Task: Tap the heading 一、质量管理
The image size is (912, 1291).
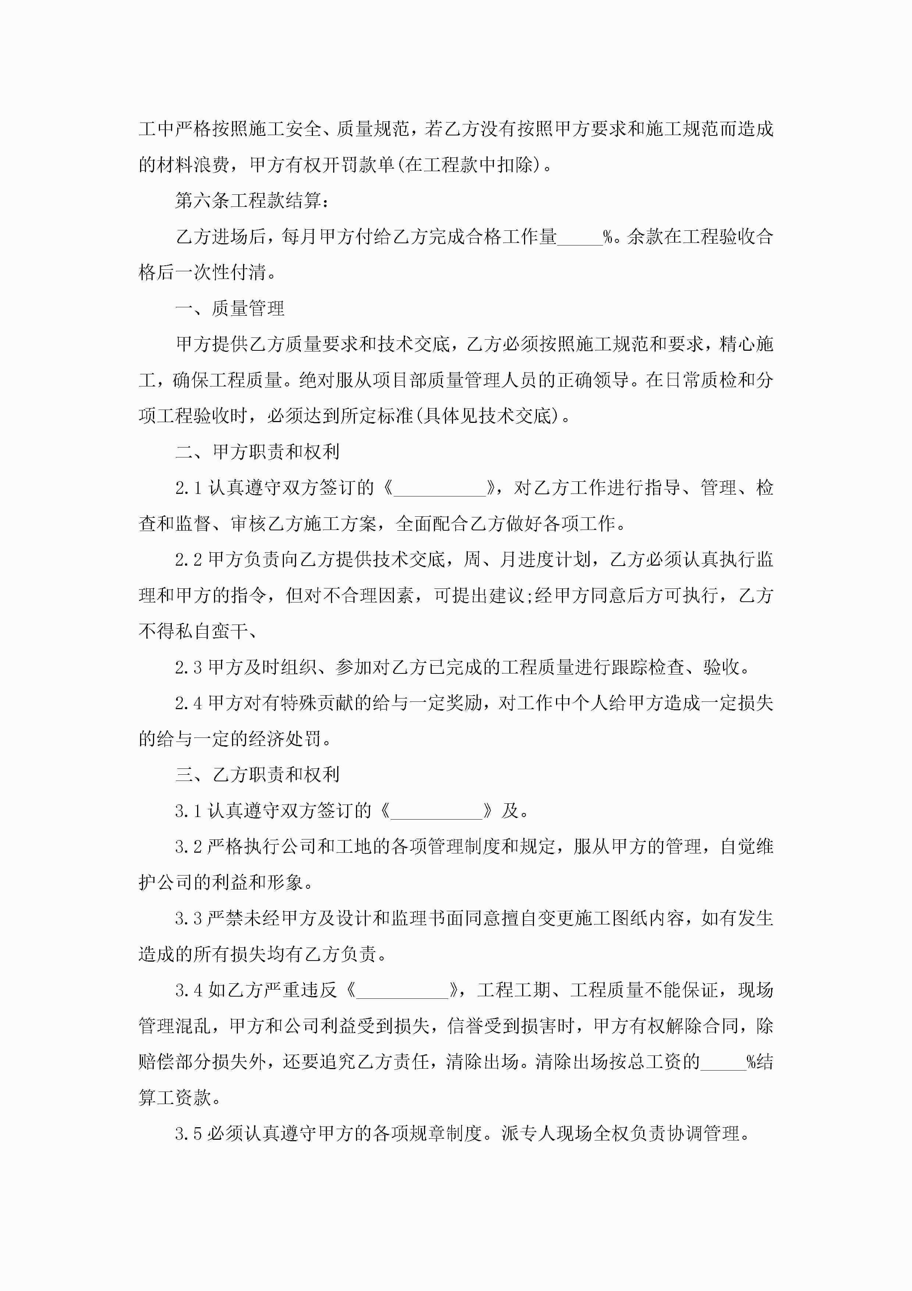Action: pos(230,308)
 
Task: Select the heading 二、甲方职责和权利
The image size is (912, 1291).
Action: pos(257,452)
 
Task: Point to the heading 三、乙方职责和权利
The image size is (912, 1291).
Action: pos(257,774)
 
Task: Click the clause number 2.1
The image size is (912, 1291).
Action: pos(188,488)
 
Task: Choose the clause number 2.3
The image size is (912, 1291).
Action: pos(188,668)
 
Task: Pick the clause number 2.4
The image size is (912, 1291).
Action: pos(188,703)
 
